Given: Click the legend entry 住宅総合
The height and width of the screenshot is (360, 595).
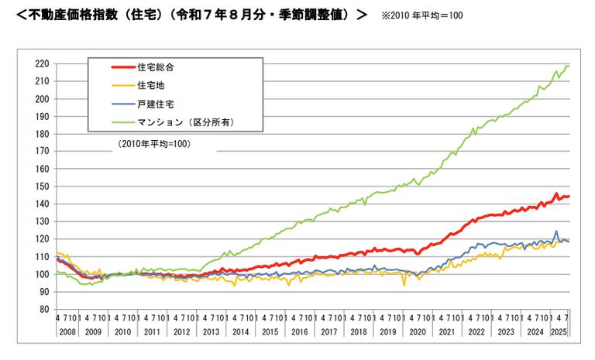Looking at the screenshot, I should [x=155, y=67].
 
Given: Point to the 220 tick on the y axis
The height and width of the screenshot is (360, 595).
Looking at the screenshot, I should [x=43, y=63].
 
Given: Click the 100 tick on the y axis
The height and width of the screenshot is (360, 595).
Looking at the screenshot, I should [x=43, y=274].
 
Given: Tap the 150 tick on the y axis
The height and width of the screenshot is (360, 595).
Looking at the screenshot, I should [x=43, y=187].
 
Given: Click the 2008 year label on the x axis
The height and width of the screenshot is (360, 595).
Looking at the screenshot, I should [x=67, y=331].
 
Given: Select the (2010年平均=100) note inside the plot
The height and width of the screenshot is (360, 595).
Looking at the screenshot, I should [x=154, y=144].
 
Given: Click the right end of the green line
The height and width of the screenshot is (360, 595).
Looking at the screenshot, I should [x=569, y=66].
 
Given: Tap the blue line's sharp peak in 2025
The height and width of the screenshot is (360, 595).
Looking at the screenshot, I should [x=555, y=231].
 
